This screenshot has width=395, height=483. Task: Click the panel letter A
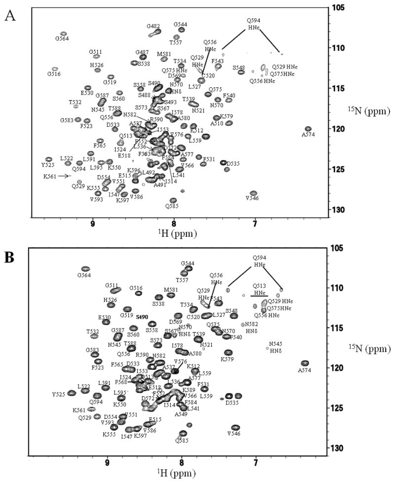coord(9,15)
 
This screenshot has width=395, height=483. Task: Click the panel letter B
coord(9,257)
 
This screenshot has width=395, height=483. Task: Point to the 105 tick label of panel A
coord(337,8)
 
